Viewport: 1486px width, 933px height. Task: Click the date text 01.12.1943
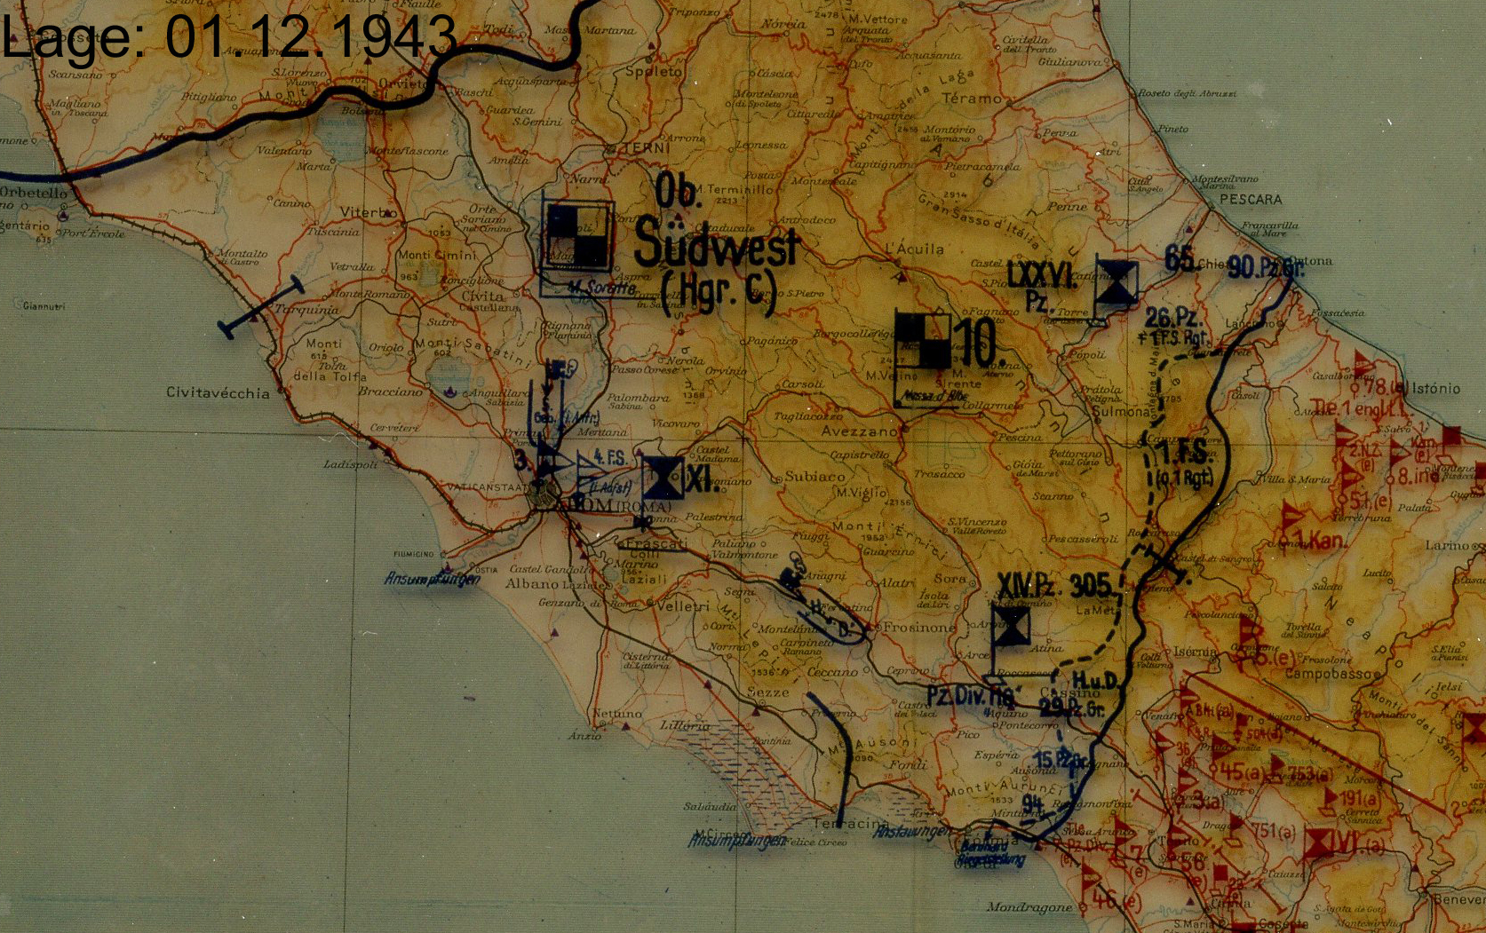[x=311, y=37]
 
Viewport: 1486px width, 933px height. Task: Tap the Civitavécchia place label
[x=218, y=392]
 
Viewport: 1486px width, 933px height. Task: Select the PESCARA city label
[x=1251, y=199]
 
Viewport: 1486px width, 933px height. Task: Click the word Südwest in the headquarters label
[x=717, y=246]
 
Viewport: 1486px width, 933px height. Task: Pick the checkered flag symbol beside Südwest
[x=578, y=235]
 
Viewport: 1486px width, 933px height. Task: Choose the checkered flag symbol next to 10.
[x=922, y=341]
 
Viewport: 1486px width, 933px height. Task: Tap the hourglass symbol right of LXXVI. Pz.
[x=1116, y=283]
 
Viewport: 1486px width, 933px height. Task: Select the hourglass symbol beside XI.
[x=663, y=478]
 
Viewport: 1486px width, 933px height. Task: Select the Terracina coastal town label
[x=864, y=822]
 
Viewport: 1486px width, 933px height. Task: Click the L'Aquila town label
[x=914, y=249]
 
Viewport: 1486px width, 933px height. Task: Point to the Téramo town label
[x=972, y=99]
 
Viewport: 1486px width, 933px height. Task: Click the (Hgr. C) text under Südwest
[x=717, y=289]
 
